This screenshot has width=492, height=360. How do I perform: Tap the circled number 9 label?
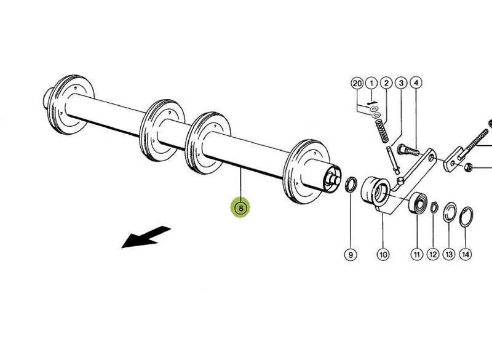(350, 254)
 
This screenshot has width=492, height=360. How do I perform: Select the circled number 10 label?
(383, 254)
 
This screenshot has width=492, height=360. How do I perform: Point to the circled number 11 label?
(416, 254)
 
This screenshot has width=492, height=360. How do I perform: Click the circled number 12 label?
(433, 254)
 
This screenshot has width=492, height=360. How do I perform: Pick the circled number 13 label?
(449, 254)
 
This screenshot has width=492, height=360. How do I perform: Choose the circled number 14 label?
(466, 254)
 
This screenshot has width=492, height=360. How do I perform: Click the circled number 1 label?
(371, 82)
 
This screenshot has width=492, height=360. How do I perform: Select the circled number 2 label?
(386, 82)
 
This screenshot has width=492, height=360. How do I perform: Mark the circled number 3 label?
(401, 82)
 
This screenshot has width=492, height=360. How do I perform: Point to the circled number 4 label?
(416, 82)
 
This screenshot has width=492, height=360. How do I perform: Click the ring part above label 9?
(352, 183)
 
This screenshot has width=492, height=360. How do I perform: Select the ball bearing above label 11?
(419, 202)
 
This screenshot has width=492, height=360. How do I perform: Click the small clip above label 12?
(434, 207)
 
